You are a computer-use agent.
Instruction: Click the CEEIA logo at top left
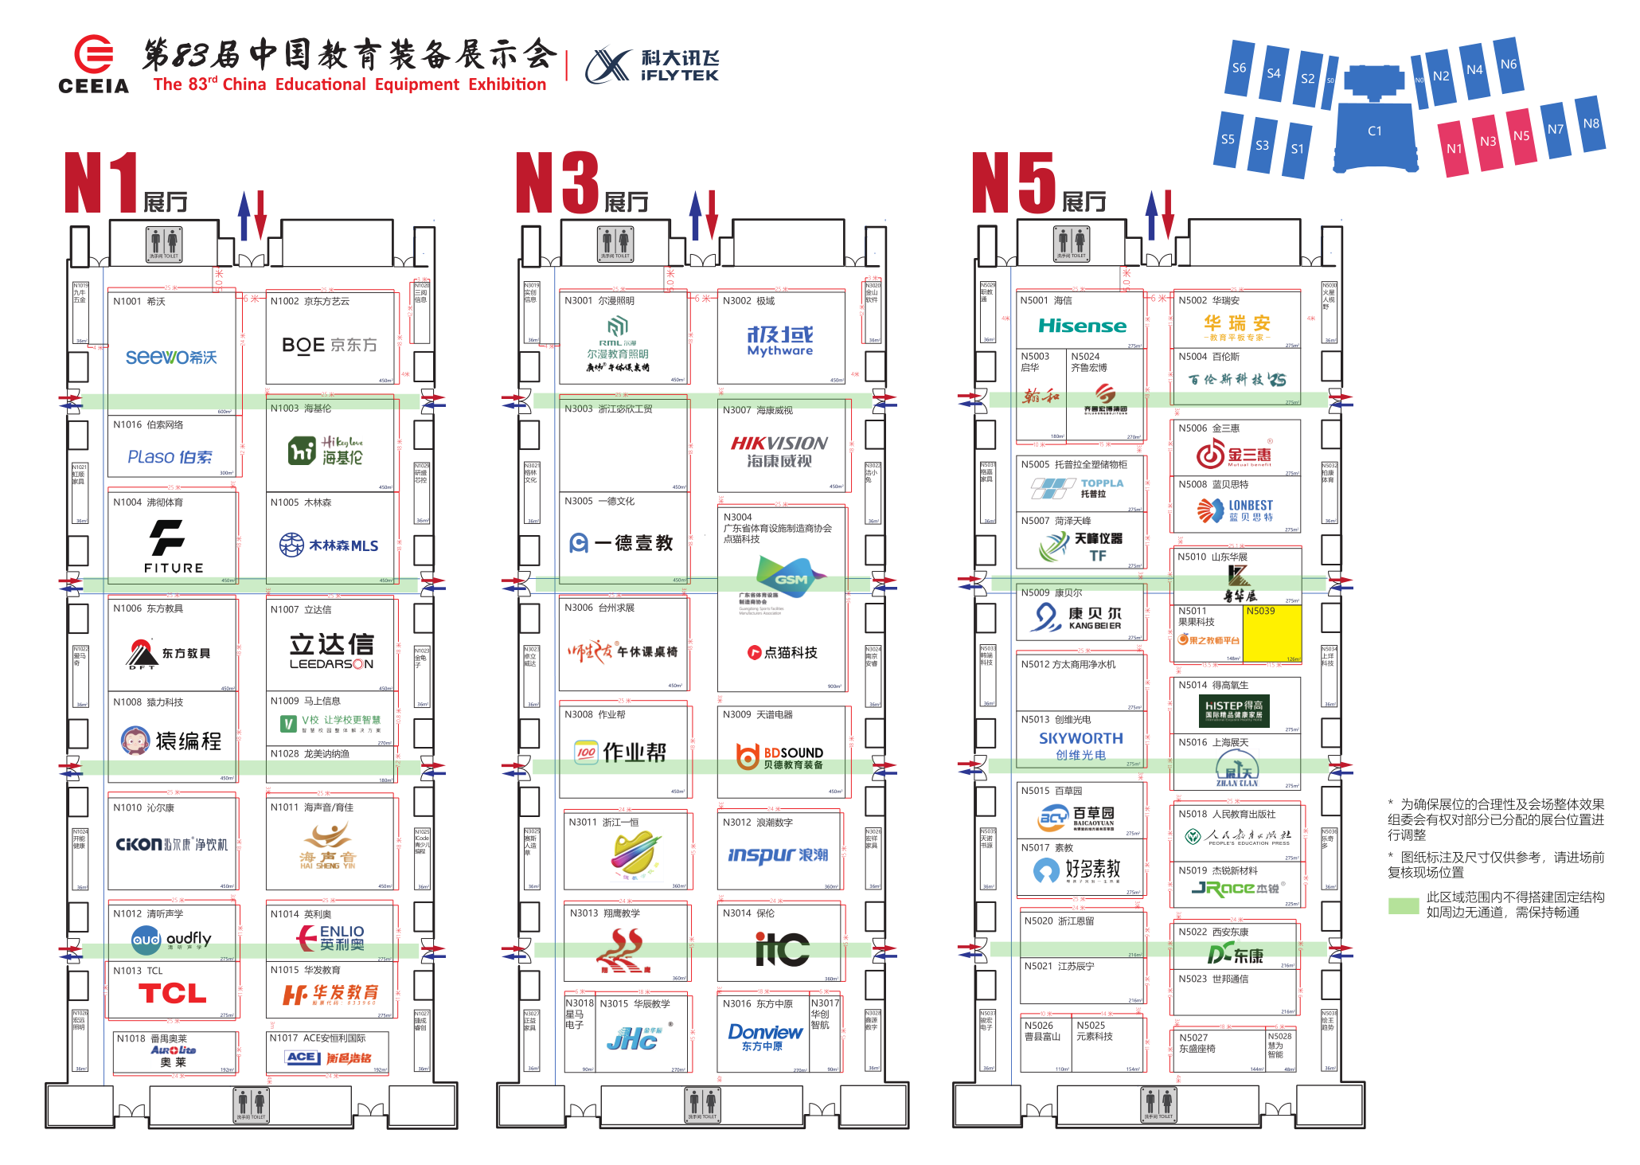point(93,65)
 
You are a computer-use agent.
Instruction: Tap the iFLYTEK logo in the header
point(652,65)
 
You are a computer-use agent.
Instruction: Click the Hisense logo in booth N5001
point(1082,326)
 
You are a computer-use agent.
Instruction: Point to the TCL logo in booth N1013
point(172,993)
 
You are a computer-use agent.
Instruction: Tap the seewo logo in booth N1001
point(170,357)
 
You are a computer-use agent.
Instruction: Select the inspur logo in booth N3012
point(778,854)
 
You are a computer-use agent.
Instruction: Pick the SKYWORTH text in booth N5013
point(1080,738)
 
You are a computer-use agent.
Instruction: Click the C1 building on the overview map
point(1375,131)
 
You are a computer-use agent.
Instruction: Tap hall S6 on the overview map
point(1239,68)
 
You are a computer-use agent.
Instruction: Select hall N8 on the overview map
point(1591,123)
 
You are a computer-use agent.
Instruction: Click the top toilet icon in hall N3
point(615,243)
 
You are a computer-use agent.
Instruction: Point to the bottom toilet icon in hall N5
point(1158,1104)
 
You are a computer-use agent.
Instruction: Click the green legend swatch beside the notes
point(1403,905)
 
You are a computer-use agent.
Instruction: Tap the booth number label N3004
point(737,518)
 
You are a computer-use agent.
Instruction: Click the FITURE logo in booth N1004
point(173,546)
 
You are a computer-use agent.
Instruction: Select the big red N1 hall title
point(101,183)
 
